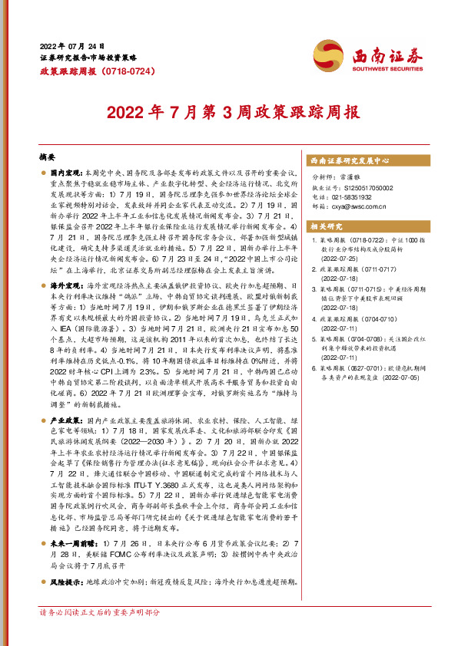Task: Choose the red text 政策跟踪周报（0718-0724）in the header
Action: coord(87,71)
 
